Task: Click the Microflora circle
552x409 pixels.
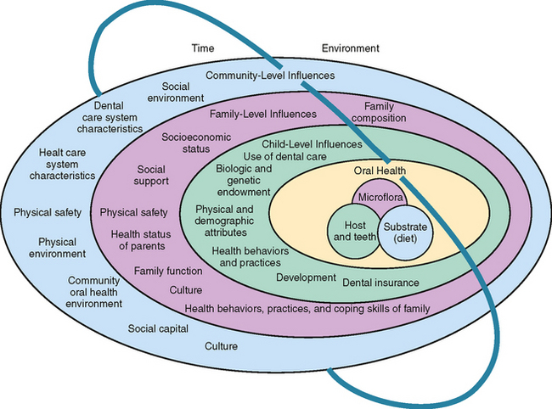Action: (x=379, y=198)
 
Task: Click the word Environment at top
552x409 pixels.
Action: (x=350, y=48)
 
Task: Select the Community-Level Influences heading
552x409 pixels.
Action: (x=270, y=76)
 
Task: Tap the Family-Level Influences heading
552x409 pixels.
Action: (x=263, y=113)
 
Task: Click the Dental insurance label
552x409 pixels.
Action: (x=380, y=282)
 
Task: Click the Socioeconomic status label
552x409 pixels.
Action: (x=185, y=143)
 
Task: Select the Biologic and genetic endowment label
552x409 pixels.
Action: (x=244, y=180)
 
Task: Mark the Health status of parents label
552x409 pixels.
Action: (x=138, y=240)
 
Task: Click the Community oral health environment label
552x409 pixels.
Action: (x=95, y=291)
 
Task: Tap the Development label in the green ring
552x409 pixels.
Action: (x=307, y=277)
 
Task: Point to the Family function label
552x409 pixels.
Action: (x=167, y=271)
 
